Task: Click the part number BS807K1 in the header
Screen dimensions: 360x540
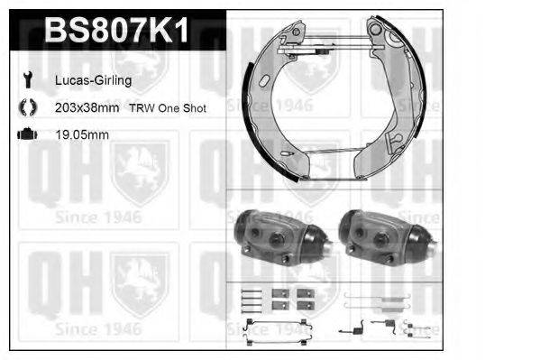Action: tap(117, 32)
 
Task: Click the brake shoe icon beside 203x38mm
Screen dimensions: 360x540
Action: tap(26, 107)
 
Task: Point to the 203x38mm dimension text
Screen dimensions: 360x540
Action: tap(87, 107)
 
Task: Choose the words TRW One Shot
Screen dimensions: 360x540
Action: tap(167, 107)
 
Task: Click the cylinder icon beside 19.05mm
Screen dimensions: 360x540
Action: tap(26, 134)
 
